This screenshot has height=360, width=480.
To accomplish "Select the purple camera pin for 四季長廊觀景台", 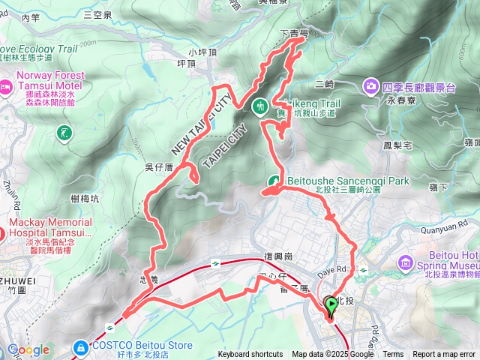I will pyautogui.click(x=371, y=88).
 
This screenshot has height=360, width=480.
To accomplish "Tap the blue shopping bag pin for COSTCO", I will pyautogui.click(x=80, y=347).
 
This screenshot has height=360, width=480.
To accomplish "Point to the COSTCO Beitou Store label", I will pyautogui.click(x=139, y=346).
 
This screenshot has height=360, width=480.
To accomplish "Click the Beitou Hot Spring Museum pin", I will pyautogui.click(x=406, y=262).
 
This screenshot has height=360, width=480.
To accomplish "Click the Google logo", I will pyautogui.click(x=28, y=350).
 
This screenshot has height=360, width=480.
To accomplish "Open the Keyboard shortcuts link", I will pyautogui.click(x=250, y=355).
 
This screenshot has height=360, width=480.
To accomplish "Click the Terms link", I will pyautogui.click(x=393, y=355).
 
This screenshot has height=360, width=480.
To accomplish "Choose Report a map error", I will pyautogui.click(x=444, y=355).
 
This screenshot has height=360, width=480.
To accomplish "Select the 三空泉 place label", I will pyautogui.click(x=97, y=14).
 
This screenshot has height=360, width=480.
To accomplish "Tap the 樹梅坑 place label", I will pyautogui.click(x=84, y=198).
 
